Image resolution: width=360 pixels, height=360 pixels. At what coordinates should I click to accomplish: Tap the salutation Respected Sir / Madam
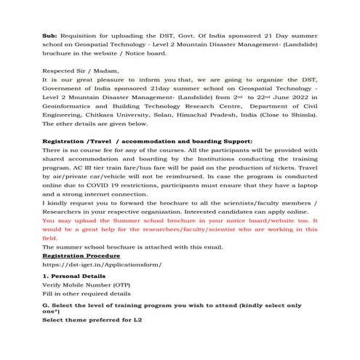(x=76, y=72)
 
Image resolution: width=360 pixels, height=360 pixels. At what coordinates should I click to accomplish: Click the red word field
(x=50, y=238)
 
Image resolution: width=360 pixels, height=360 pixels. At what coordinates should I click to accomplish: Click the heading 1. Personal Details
(x=74, y=277)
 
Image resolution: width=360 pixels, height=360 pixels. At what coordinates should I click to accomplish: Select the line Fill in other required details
(x=87, y=295)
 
